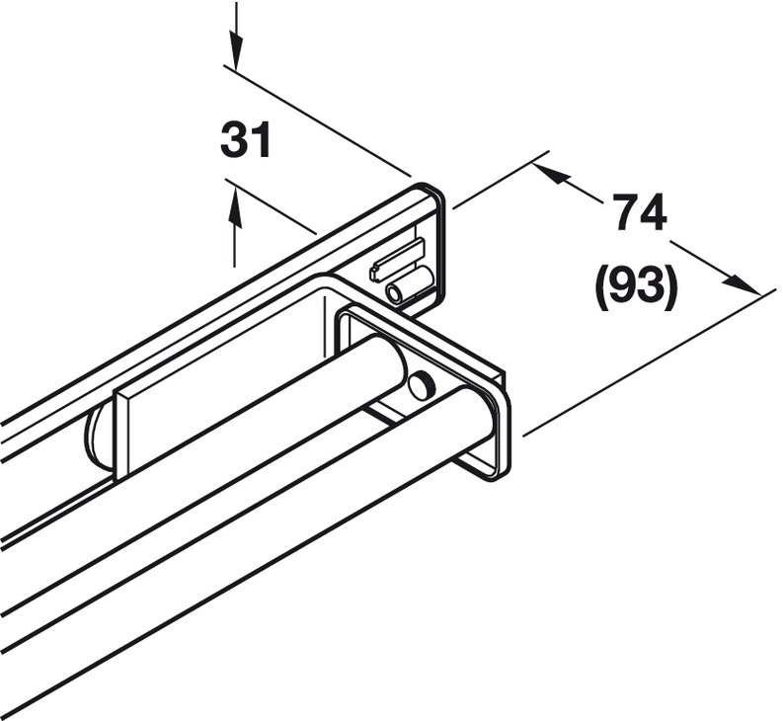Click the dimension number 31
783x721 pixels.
click(245, 140)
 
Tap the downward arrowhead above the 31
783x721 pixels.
click(236, 49)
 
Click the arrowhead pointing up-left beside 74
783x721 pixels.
click(553, 174)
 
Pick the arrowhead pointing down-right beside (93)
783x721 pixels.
click(739, 283)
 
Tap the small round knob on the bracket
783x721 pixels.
click(421, 385)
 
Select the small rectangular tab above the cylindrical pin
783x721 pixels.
click(396, 258)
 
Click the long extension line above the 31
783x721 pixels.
click(317, 120)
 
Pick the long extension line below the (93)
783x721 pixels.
click(649, 361)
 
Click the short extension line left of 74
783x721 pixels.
click(501, 179)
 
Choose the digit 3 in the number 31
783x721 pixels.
click(233, 140)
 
